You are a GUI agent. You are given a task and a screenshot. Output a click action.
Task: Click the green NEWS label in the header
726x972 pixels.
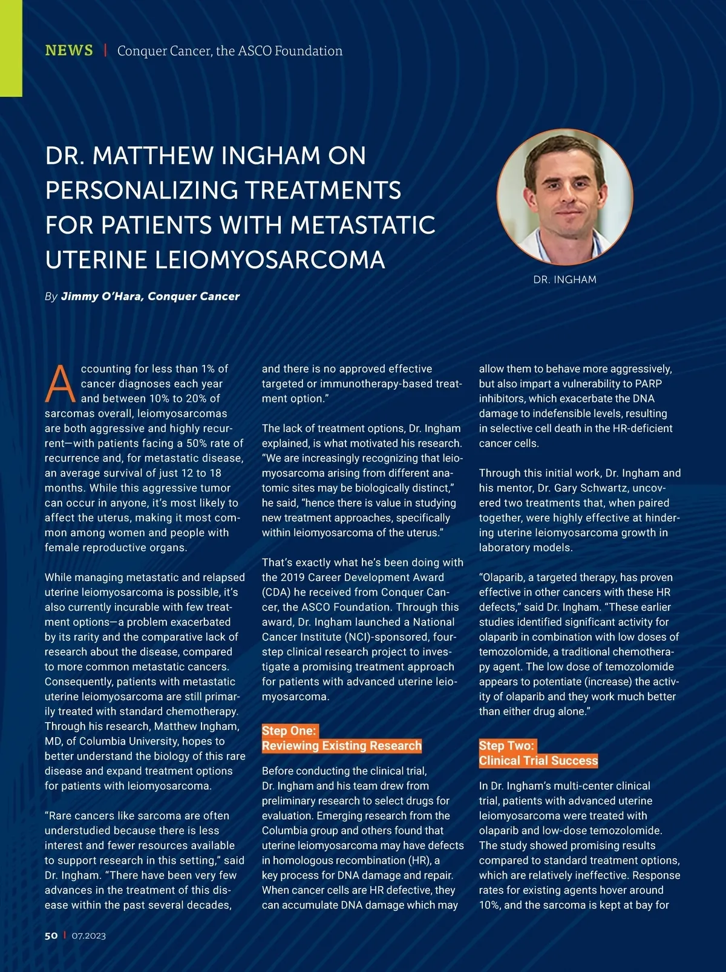[x=69, y=50]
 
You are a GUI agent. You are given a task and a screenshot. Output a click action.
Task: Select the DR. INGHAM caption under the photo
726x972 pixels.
[x=565, y=280]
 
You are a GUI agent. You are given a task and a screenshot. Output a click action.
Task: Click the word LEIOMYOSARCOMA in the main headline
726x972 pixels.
[x=270, y=260]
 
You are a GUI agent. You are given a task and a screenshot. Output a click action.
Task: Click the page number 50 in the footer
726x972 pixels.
[x=51, y=935]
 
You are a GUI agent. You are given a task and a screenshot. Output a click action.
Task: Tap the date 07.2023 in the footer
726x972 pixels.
[x=89, y=936]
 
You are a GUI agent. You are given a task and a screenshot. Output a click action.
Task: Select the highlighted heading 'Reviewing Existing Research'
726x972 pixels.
[x=341, y=746]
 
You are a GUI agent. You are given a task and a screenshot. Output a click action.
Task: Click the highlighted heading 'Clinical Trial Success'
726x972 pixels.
[x=538, y=761]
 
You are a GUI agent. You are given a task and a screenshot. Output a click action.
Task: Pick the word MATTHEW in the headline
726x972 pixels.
[x=153, y=156]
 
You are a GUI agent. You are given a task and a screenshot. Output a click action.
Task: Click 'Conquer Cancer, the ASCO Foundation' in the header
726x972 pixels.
[x=230, y=51]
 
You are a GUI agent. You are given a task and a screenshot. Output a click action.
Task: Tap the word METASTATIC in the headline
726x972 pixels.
[x=362, y=225]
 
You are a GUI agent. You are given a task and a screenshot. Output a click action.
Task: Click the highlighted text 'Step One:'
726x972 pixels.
[x=289, y=731]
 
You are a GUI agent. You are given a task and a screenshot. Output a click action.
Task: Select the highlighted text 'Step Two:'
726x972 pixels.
[x=506, y=746]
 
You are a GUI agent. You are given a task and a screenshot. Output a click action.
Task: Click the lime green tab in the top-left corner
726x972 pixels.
[x=11, y=48]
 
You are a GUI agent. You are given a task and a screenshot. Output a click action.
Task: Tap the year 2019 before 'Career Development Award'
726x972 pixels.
[x=292, y=577]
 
